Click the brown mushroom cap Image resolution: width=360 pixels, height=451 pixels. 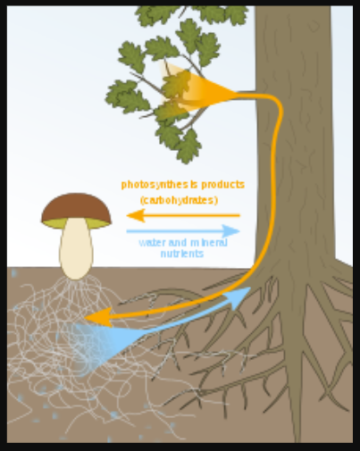[76, 207]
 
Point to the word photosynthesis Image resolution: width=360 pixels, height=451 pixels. [155, 185]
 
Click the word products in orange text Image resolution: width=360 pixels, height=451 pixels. [219, 185]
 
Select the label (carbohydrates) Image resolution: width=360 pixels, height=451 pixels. [180, 200]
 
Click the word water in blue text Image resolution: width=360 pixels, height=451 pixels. [152, 243]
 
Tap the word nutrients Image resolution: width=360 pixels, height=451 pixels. [182, 254]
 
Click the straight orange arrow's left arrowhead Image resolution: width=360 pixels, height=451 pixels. [136, 215]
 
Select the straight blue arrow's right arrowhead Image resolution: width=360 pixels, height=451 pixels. [231, 231]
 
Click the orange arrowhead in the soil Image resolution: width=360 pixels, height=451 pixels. [98, 317]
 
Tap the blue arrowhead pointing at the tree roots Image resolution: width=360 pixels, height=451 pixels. [239, 296]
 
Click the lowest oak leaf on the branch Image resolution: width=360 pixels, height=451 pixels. [188, 147]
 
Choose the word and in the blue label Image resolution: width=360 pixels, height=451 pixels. [178, 243]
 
